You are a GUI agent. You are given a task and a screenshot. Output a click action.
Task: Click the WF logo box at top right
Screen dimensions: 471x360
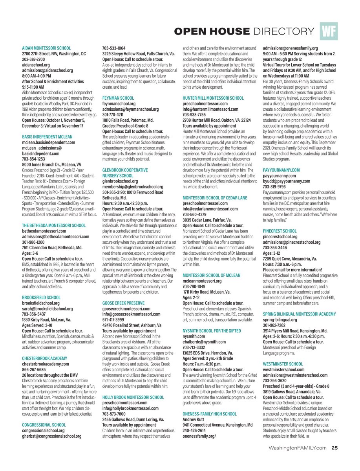point(329,31)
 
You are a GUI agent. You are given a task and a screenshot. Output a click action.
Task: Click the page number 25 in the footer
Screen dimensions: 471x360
point(334,447)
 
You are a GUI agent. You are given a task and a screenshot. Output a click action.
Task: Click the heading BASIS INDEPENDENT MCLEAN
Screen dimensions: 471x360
point(47,137)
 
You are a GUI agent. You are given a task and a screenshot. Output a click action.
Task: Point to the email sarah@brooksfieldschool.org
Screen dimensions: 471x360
point(47,309)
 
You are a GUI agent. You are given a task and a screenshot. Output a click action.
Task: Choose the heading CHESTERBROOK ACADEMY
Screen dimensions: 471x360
point(44,358)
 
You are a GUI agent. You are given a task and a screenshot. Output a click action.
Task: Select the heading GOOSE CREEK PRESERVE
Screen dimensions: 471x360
point(123,303)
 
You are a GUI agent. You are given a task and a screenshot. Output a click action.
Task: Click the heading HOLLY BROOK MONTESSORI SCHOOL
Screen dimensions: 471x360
point(133,397)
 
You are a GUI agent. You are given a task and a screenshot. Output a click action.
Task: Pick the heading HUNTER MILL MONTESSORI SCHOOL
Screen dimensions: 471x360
point(213,98)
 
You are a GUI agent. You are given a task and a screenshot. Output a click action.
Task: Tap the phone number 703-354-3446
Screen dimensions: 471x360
point(276,248)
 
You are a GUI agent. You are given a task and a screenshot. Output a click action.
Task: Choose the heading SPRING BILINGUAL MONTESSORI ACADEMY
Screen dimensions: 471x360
point(299,314)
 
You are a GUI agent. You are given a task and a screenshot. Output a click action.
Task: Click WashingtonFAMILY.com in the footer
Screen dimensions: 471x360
point(297,447)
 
